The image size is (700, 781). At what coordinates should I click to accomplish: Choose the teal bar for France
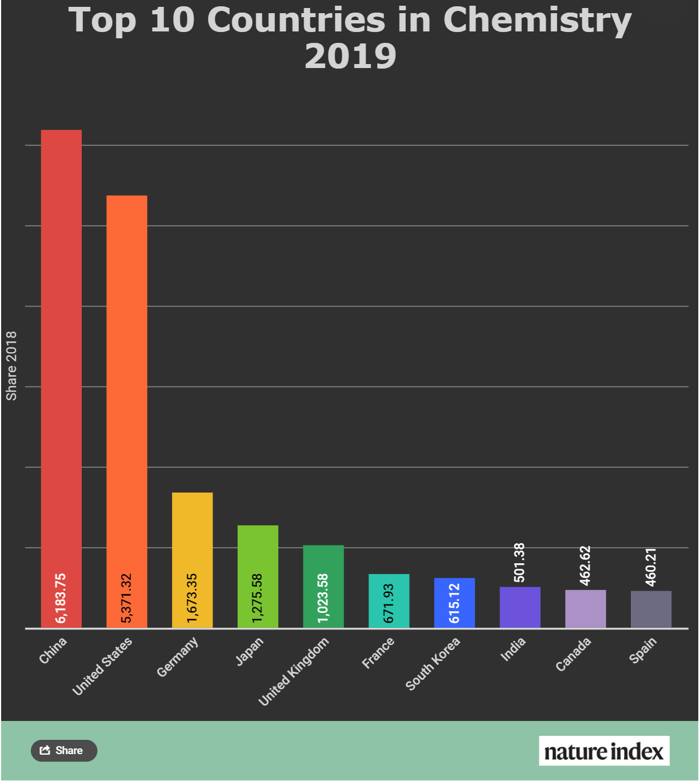pyautogui.click(x=389, y=600)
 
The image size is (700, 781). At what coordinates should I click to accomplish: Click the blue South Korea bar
pyautogui.click(x=454, y=603)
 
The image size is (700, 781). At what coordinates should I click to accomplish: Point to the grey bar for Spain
pyautogui.click(x=651, y=609)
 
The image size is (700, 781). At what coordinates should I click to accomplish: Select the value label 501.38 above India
pyautogui.click(x=519, y=563)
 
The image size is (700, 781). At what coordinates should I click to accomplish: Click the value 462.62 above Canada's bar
pyautogui.click(x=585, y=565)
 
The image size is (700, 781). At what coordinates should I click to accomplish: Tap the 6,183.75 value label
pyautogui.click(x=61, y=598)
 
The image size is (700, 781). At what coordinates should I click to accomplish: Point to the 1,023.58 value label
pyautogui.click(x=323, y=598)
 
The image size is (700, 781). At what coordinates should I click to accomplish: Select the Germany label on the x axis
pyautogui.click(x=177, y=657)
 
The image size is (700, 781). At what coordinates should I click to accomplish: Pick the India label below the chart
pyautogui.click(x=513, y=649)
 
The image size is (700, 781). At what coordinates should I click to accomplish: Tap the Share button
pyautogui.click(x=64, y=751)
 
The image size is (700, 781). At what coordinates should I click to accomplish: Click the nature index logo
pyautogui.click(x=604, y=751)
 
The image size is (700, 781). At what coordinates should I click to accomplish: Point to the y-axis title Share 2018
pyautogui.click(x=11, y=366)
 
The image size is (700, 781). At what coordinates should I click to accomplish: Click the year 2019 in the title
pyautogui.click(x=350, y=56)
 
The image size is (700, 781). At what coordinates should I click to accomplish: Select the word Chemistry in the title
pyautogui.click(x=537, y=21)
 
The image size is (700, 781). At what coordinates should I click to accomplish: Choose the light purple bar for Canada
pyautogui.click(x=585, y=609)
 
